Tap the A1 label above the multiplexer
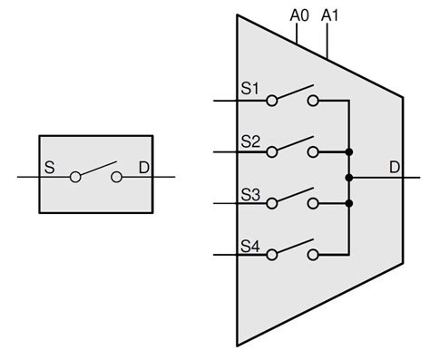coord(331,15)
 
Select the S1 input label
coord(250,89)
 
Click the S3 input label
coord(250,193)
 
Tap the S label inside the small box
coord(49,168)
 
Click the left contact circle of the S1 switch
coord(271,101)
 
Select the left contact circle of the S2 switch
coord(271,152)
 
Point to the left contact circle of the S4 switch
coord(271,256)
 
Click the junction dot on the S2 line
coord(349,152)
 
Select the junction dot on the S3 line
coord(349,204)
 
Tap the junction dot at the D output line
coord(349,178)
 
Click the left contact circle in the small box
coord(75,178)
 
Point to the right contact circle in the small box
coord(116,178)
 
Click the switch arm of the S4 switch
coord(293,248)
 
